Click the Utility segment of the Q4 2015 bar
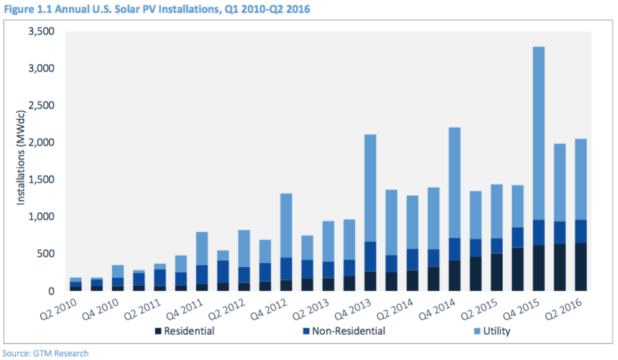538,132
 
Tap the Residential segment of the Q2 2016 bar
580,267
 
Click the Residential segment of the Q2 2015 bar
496,272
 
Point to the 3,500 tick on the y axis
41,31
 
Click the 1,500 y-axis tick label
41,179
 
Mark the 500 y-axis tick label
46,253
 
